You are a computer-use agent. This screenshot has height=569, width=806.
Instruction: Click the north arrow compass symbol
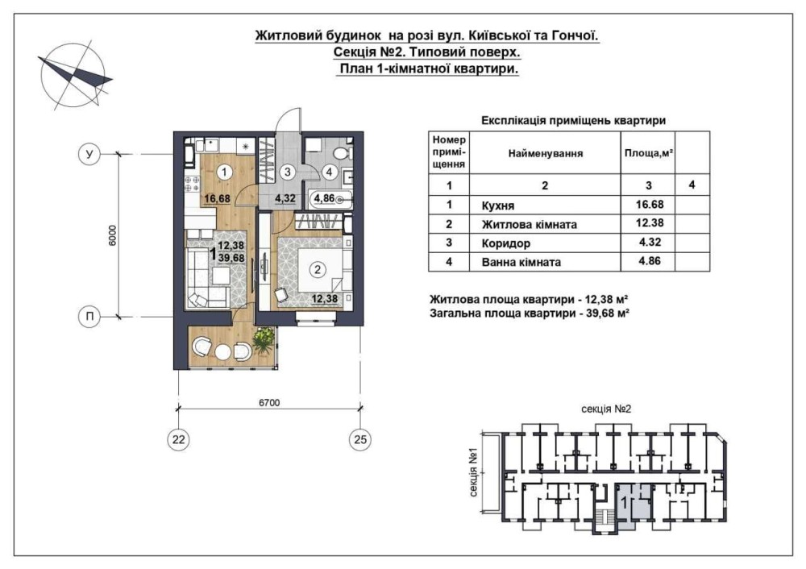coord(74,76)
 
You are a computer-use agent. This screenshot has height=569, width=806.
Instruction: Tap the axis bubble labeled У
coord(89,154)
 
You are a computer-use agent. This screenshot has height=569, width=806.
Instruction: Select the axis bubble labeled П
coord(89,316)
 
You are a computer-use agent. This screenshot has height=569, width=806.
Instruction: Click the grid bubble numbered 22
coord(178,439)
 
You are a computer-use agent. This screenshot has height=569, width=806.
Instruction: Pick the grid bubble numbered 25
coord(360,439)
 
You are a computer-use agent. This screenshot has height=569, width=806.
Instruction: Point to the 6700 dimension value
coord(269,402)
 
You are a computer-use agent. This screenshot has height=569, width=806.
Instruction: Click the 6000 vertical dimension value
coord(113,235)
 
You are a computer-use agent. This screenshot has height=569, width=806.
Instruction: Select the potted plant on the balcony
coord(264,340)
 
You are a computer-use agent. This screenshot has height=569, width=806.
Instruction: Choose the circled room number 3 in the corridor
coord(288,172)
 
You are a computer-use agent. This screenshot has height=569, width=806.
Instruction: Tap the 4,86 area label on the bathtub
coord(324,198)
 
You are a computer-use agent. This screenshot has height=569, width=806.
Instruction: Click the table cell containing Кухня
coord(545,205)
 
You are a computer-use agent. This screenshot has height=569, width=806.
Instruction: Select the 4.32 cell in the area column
coord(649,242)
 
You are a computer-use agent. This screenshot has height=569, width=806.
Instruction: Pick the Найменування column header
coord(546,153)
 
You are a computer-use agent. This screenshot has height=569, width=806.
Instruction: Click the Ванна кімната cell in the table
coord(545,262)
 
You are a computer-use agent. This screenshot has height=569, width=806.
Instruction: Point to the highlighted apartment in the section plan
coord(634,506)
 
